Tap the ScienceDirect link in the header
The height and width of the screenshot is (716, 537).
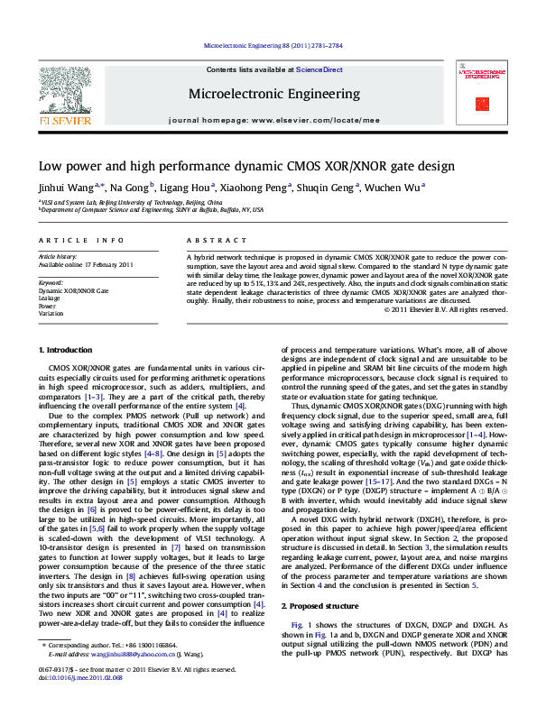pos(320,69)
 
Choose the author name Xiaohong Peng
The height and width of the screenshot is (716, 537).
pos(259,188)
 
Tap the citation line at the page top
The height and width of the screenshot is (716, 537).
pos(268,44)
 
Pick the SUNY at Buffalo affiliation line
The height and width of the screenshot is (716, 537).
pos(152,209)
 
